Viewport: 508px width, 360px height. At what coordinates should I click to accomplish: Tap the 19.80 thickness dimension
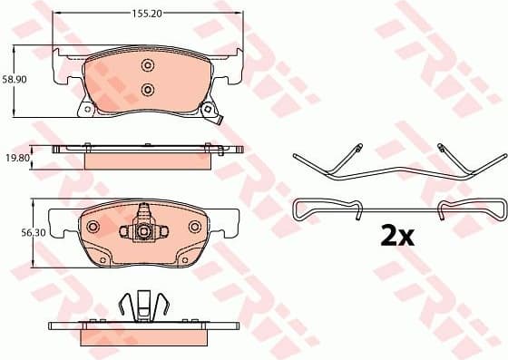pyautogui.click(x=16, y=156)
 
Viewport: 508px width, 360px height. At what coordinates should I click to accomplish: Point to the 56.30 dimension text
pyautogui.click(x=16, y=233)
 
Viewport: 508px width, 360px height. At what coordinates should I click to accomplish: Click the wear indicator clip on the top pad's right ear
pyautogui.click(x=214, y=112)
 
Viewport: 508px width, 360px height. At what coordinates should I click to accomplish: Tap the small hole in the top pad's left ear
pyautogui.click(x=87, y=111)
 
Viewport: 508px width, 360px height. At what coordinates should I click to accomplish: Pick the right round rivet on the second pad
pyautogui.click(x=194, y=226)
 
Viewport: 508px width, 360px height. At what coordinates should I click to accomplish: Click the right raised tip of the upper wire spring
pyautogui.click(x=441, y=148)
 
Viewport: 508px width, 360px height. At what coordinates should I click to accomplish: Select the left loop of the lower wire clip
pyautogui.click(x=303, y=209)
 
